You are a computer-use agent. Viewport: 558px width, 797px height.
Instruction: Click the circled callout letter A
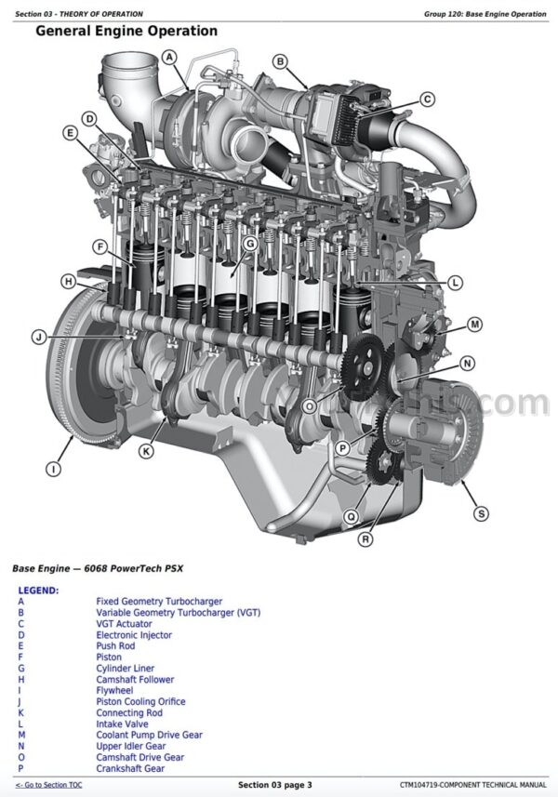169,57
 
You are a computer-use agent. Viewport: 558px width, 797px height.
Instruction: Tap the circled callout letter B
280,61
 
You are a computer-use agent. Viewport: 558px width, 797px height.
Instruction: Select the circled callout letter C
428,99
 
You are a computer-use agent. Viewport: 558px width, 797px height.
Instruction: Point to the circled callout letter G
249,244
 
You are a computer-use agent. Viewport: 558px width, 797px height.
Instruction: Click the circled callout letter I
53,469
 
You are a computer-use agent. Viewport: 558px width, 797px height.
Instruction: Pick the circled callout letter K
146,451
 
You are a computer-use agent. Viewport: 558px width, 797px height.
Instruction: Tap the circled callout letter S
481,513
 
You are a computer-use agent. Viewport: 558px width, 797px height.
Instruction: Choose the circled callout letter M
474,324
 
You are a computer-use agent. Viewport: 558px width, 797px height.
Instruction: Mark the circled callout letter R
365,538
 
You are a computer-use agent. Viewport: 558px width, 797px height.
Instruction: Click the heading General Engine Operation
126,31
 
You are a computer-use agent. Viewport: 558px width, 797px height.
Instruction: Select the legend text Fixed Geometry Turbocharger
159,602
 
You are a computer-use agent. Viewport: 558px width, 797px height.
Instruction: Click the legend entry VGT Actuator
124,624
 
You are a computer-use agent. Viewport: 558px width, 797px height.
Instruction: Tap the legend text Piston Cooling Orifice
140,701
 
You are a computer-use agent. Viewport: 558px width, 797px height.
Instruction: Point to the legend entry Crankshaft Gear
130,768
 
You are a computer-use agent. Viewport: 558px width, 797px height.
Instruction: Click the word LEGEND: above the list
39,591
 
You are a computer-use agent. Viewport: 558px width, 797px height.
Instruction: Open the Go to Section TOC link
48,785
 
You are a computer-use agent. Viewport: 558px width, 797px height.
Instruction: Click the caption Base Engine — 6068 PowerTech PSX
98,568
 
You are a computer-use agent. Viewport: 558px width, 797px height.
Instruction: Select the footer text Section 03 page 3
275,785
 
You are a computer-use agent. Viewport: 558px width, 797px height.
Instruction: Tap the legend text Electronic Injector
134,635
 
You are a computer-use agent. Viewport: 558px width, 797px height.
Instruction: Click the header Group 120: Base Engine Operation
485,14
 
